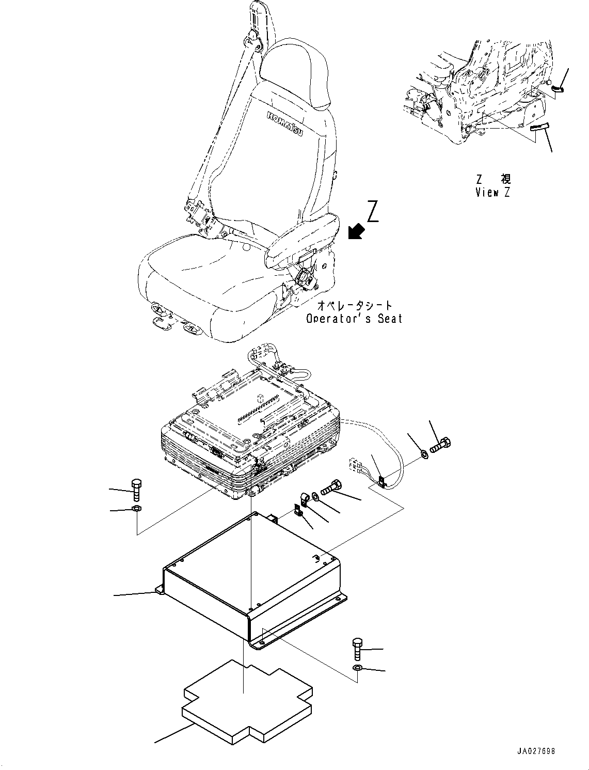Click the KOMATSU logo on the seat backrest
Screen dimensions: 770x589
tap(285, 123)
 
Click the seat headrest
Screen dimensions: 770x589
tap(295, 72)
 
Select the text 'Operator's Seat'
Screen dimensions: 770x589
tap(354, 319)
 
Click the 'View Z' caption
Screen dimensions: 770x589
tap(493, 193)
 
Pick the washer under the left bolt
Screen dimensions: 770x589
tap(136, 510)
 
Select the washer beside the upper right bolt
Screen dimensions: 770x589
tap(424, 454)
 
